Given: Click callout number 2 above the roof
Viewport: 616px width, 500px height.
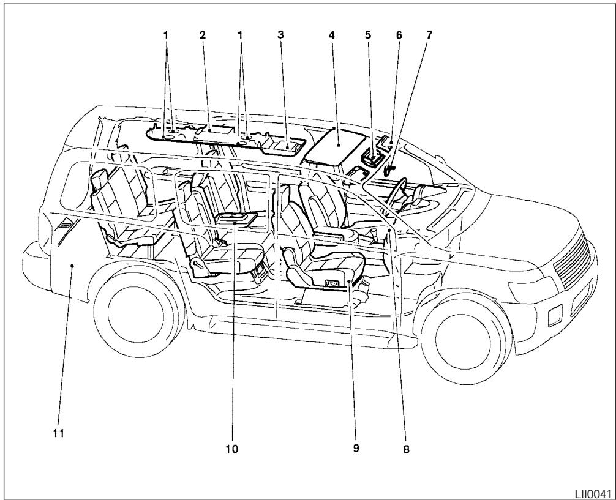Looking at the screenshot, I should click(203, 35).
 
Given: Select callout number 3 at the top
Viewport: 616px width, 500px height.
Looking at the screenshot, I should click(280, 35).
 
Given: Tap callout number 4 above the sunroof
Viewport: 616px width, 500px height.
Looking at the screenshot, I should click(331, 35).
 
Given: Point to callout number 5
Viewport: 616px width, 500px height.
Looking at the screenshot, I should click(367, 35).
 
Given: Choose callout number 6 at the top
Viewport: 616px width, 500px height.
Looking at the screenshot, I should click(399, 35).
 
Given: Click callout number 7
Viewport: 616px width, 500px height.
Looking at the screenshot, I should click(429, 35).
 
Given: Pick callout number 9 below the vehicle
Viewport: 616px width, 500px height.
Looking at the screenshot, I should click(356, 449).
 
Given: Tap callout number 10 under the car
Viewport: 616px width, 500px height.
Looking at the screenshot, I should click(232, 449).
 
